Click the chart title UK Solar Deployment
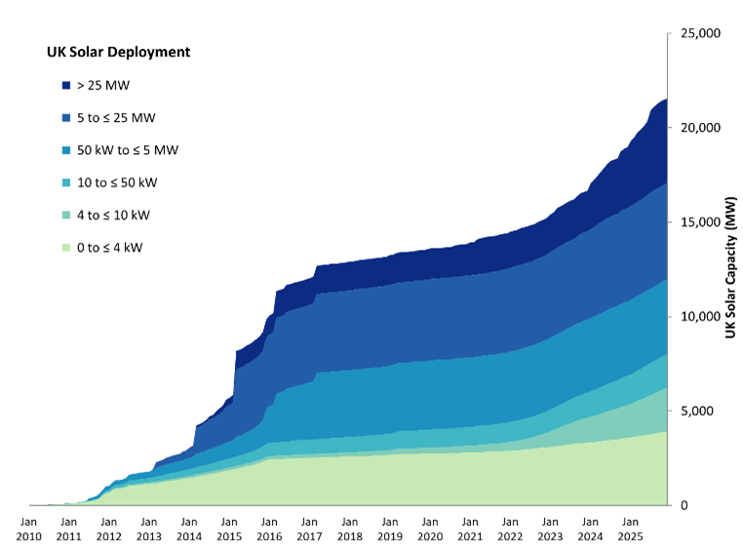tap(118, 52)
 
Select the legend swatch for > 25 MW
tap(65, 86)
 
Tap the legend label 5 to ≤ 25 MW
tap(116, 118)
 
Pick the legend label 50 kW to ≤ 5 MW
tap(127, 150)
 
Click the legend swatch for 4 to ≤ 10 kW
tap(65, 216)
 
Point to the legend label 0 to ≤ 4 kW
tap(109, 248)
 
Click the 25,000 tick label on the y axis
tap(698, 33)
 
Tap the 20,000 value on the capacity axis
tap(698, 128)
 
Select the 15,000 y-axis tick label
tap(698, 222)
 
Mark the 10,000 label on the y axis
tap(698, 316)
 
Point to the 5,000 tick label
tap(695, 411)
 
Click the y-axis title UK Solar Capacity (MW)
tap(730, 268)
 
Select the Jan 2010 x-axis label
tap(28, 528)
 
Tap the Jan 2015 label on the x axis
tap(229, 528)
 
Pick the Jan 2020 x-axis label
tap(429, 528)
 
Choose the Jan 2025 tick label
tap(630, 528)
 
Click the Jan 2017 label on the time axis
tap(309, 528)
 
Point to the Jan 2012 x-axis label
tap(108, 528)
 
